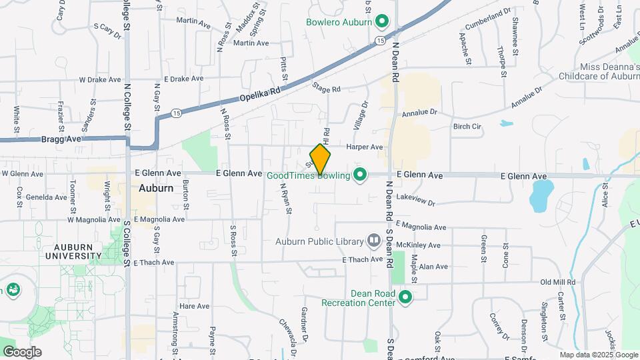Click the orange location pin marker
(x=320, y=159)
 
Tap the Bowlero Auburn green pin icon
(x=382, y=22)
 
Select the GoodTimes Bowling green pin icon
(x=360, y=175)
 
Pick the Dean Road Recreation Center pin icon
(x=405, y=298)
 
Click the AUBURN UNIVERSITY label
(x=73, y=251)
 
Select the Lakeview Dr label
(x=415, y=199)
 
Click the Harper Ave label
(x=365, y=147)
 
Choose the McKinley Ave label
(x=419, y=245)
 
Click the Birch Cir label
(x=467, y=126)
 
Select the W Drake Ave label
(x=99, y=79)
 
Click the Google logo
(x=21, y=351)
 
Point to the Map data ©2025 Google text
(x=599, y=355)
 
